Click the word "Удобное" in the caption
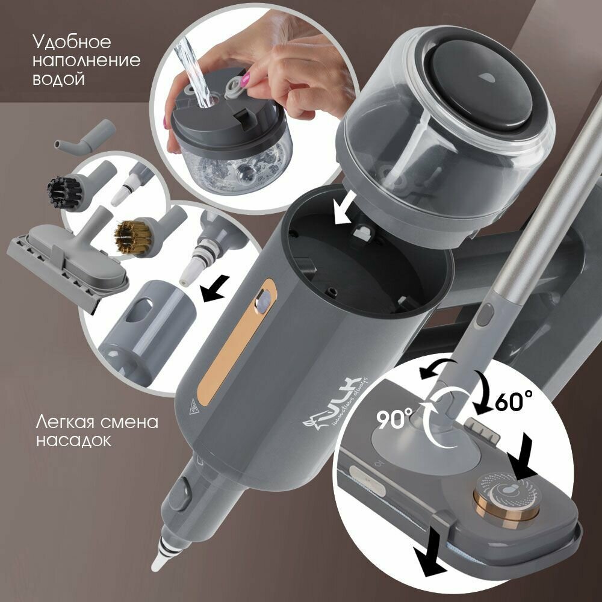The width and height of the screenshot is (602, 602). click(72, 42)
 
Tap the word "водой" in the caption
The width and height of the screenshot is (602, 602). click(58, 79)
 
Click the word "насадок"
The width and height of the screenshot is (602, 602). click(73, 440)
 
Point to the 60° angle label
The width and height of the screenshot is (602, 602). click(514, 401)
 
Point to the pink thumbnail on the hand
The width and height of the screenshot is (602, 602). click(246, 78)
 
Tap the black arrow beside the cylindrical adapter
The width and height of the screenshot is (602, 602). click(215, 289)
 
